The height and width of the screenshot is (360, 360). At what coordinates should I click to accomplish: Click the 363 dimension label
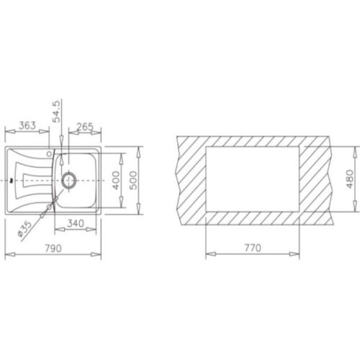pyautogui.click(x=27, y=125)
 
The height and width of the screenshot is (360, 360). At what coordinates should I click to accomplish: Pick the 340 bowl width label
pyautogui.click(x=76, y=224)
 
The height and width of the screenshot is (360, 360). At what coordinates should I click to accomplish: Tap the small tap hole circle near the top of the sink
pyautogui.click(x=49, y=153)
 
